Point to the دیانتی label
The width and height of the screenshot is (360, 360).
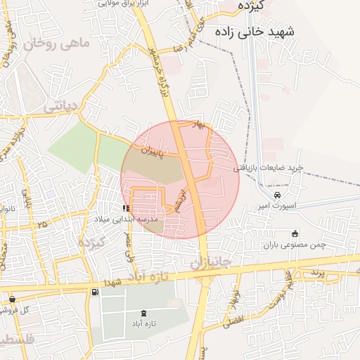[x=59, y=107]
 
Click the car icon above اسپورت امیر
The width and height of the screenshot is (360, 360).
[x=277, y=195]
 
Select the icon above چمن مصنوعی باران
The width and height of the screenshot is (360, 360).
[x=295, y=233]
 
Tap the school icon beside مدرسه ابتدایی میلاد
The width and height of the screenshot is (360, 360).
[x=125, y=209]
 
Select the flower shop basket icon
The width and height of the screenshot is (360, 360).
[x=12, y=300]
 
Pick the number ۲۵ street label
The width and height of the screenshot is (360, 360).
[x=43, y=224]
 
